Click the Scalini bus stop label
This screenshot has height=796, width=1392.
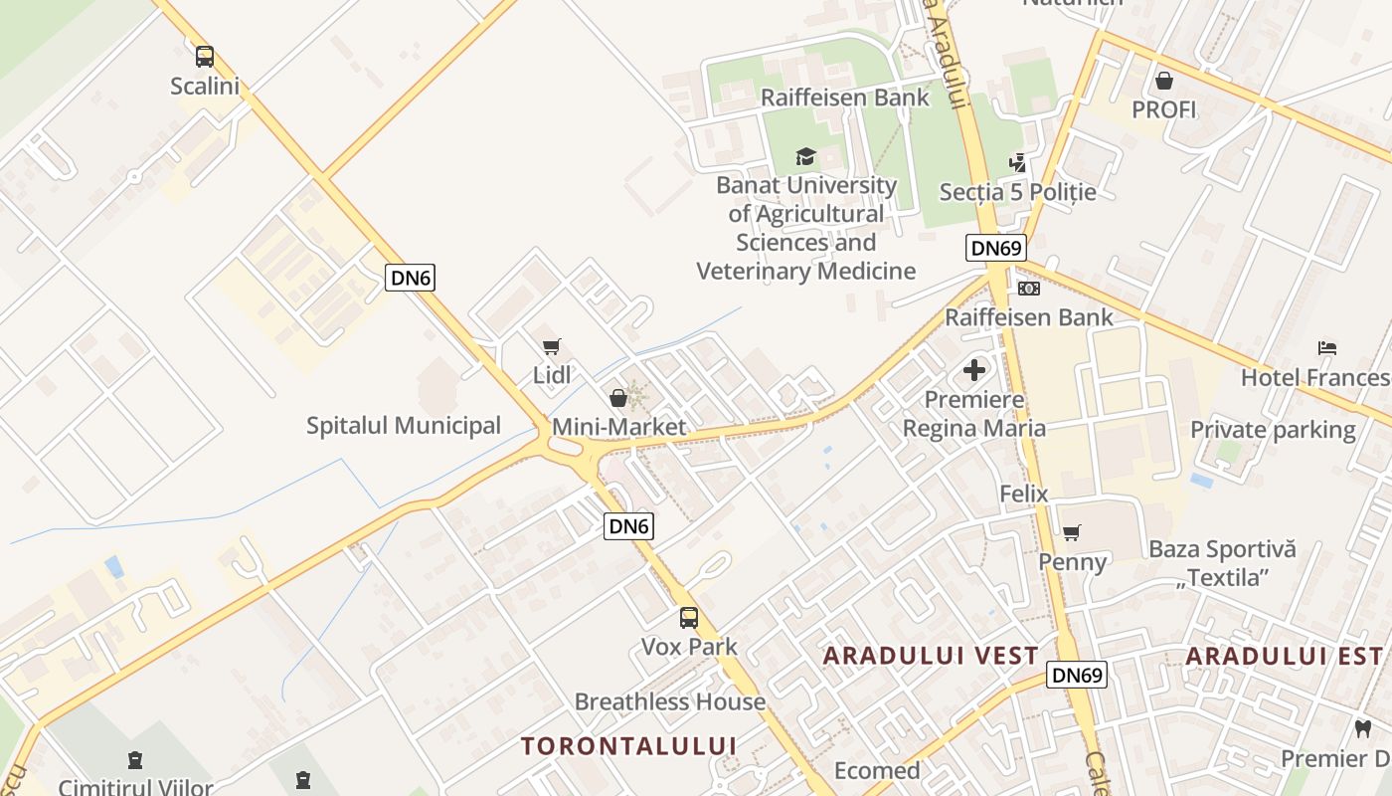205,87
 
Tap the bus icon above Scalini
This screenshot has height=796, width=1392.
205,57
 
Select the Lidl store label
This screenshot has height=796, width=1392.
552,375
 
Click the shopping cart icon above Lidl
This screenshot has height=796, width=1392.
552,346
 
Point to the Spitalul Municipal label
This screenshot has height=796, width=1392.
403,426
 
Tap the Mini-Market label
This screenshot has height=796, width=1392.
618,427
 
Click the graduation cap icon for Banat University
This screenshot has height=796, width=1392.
805,156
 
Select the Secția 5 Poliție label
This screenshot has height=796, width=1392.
1032,192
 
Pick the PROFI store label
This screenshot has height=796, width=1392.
1163,109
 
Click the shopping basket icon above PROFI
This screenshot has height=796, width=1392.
1163,81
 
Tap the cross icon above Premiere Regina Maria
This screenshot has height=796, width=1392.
974,371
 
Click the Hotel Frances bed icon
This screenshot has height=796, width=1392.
1327,348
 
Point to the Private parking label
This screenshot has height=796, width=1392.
1273,430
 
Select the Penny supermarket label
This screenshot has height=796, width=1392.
1072,562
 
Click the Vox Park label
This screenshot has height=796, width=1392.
689,647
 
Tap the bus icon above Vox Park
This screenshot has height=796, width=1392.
689,618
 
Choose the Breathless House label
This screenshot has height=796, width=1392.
670,701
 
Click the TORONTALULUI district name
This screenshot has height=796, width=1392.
628,746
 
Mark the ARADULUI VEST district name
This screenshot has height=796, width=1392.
931,656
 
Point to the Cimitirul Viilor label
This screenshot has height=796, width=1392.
135,787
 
